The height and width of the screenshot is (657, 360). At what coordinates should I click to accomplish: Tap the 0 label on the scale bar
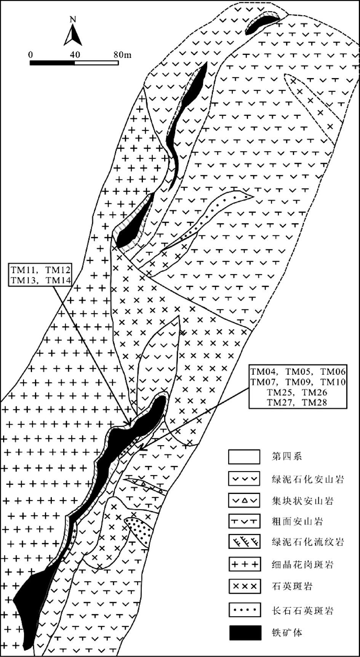point(30,54)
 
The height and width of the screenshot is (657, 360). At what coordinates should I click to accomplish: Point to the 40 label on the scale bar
point(75,54)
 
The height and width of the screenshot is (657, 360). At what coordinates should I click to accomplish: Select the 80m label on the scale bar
point(122,54)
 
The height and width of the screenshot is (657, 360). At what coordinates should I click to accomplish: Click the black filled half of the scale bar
point(52,62)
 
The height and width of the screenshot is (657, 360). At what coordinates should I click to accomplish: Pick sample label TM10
point(333,382)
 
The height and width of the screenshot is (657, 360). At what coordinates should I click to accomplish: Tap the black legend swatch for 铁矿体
point(245,633)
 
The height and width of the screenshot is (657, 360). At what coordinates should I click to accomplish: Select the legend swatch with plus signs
point(245,564)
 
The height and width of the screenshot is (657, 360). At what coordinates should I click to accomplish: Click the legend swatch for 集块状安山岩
point(245,500)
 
